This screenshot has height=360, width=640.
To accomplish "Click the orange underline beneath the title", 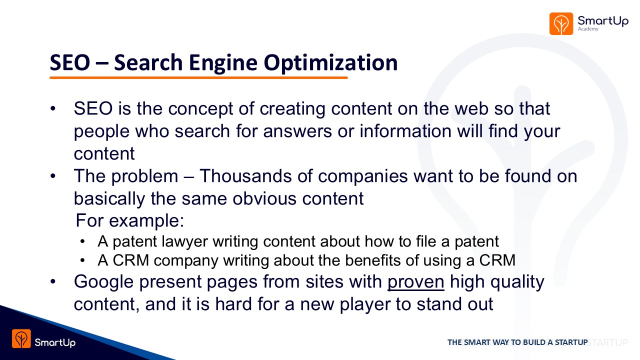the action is point(198,77).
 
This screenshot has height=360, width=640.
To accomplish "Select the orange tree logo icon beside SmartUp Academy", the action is point(561,23).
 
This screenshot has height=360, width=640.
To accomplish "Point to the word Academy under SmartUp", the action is point(588,29).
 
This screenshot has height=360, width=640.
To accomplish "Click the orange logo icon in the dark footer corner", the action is point(21,338).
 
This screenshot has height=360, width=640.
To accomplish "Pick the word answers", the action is point(297,131).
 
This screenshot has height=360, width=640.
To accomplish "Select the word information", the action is point(405,131).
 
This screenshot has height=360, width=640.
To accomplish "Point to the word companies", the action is point(363,176).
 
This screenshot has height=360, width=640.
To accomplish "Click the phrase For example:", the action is point(130,220).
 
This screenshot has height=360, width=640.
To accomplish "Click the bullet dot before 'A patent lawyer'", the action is point(82,241).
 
